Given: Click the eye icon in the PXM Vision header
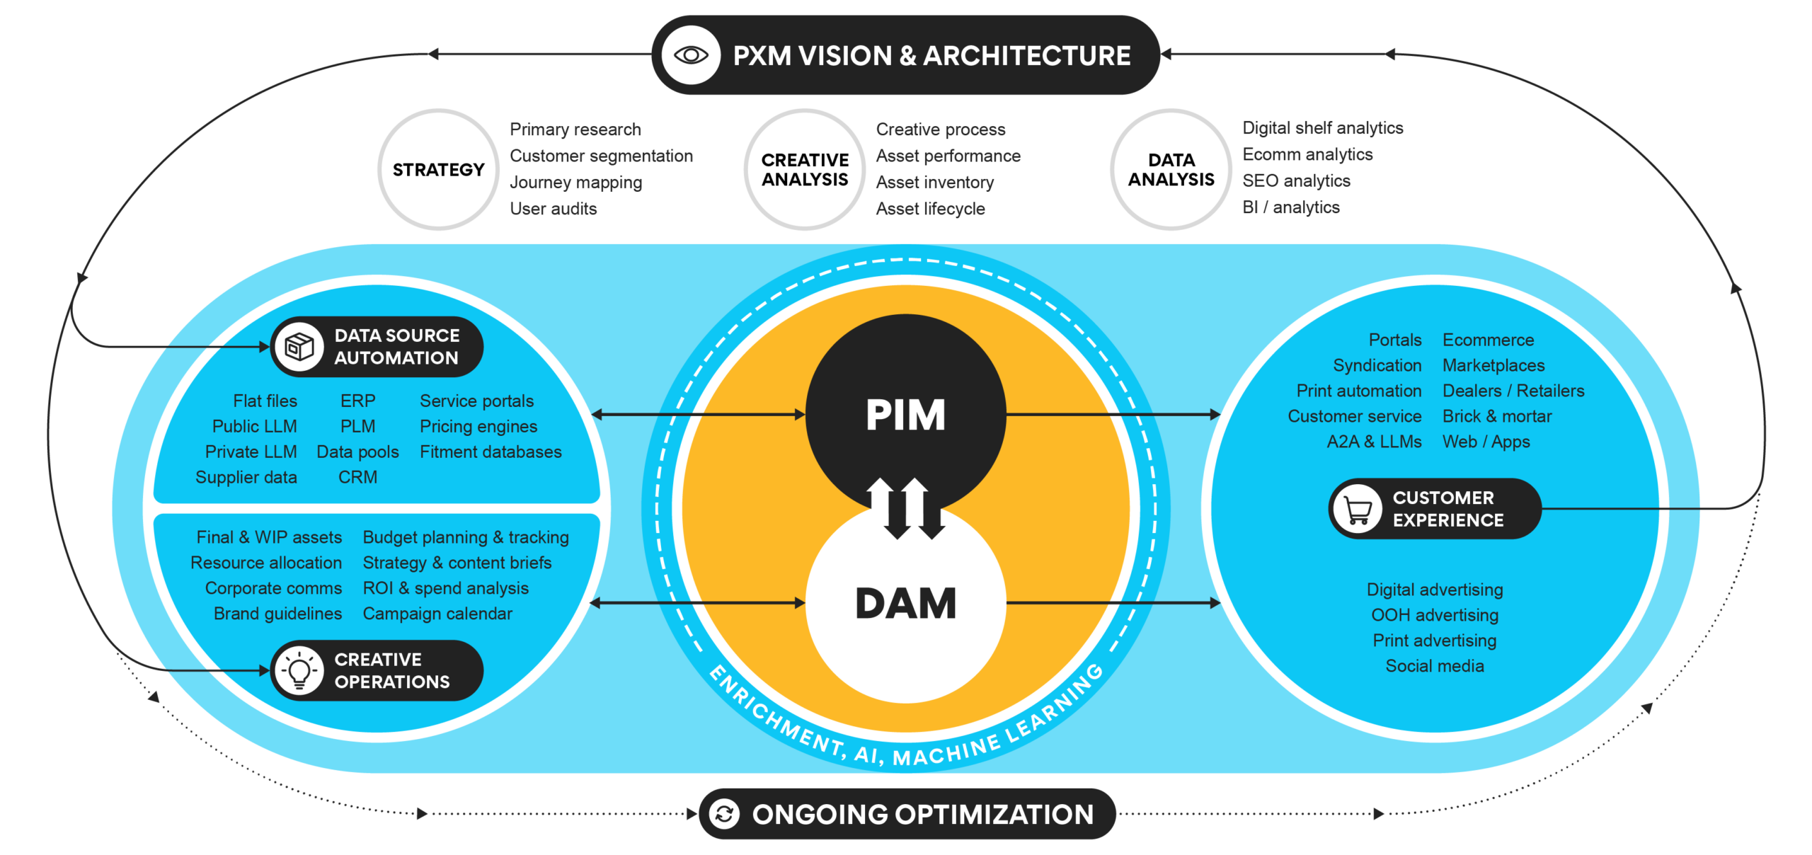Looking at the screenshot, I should (x=691, y=55).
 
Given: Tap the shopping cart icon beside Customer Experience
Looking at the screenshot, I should (x=1357, y=509).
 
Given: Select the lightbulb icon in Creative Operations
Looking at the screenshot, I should (x=299, y=670).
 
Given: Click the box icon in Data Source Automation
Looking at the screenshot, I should (x=299, y=347).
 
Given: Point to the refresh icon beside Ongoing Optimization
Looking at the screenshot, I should (x=724, y=814).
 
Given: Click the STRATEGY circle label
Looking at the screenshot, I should (x=439, y=170).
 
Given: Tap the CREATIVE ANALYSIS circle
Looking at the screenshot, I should (x=805, y=170).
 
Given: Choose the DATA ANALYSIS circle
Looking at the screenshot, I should (x=1171, y=170).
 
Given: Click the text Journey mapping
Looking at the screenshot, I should (x=575, y=183).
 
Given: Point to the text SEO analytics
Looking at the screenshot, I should (x=1296, y=181).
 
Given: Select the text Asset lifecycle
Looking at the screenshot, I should (x=930, y=209).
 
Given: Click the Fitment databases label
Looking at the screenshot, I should (x=491, y=452).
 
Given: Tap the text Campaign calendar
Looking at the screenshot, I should (x=437, y=614).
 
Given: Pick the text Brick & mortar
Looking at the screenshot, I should (x=1496, y=416).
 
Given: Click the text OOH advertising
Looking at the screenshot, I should (x=1435, y=615).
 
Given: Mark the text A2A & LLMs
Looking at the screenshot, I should (x=1374, y=442).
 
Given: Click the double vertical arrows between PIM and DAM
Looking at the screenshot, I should (x=907, y=508).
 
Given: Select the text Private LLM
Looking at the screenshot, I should (x=251, y=452).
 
